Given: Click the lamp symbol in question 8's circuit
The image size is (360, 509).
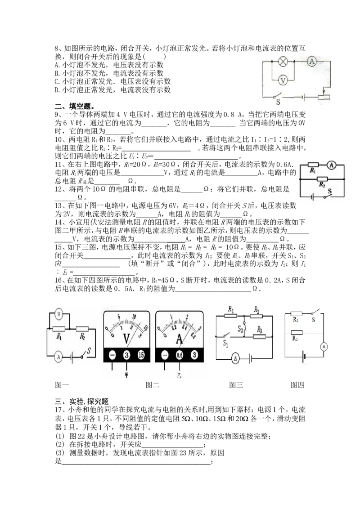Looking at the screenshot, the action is [283, 61].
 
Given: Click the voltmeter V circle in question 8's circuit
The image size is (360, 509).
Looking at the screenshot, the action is [283, 80].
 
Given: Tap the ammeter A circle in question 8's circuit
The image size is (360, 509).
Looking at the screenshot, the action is [312, 61].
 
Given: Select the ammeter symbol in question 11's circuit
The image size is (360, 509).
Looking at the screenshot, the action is [331, 165].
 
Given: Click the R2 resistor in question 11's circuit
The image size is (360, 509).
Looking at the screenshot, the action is [322, 179].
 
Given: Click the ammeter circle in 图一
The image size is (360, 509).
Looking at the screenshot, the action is [58, 357].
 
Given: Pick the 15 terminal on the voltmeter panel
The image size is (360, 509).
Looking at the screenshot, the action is [141, 355].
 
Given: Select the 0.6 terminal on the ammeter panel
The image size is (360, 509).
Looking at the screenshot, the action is [180, 355].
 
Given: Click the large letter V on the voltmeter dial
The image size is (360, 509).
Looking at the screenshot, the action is [126, 338].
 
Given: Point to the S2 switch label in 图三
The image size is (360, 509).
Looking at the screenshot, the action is [240, 330].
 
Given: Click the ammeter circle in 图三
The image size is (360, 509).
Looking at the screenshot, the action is [235, 358].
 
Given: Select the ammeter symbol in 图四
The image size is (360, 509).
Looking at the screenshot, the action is [324, 347].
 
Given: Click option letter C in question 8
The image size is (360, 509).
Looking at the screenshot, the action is [57, 81].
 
